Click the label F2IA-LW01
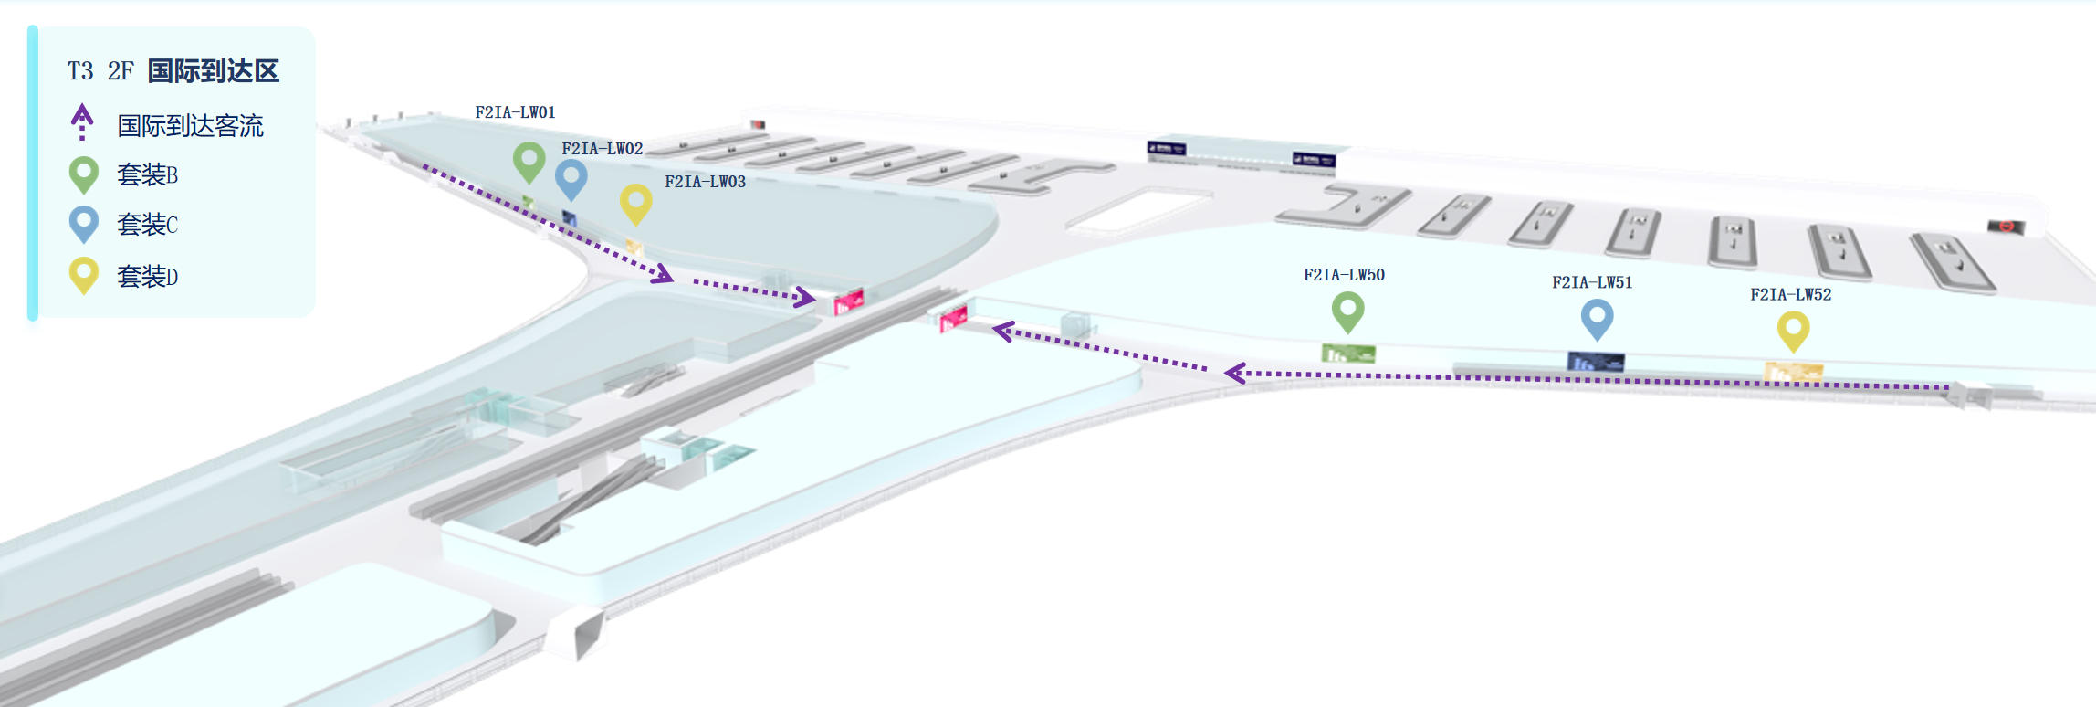coord(515,112)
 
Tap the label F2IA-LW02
coord(602,149)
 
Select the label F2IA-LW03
coord(705,182)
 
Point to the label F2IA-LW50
coord(1344,275)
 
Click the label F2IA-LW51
coord(1592,283)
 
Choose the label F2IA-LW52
coord(1790,295)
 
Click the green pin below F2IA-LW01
coord(529,161)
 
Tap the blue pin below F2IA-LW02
coord(571,177)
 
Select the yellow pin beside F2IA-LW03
coord(635,202)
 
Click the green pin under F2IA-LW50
coord(1347,310)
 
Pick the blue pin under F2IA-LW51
coord(1597,319)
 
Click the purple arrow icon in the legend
coord(82,121)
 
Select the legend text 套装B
coord(147,174)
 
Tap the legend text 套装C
coord(147,225)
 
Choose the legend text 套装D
coord(147,276)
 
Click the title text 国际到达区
coord(213,71)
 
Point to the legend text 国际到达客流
coord(190,126)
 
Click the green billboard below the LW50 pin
coord(1348,353)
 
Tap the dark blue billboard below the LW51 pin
coord(1595,363)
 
